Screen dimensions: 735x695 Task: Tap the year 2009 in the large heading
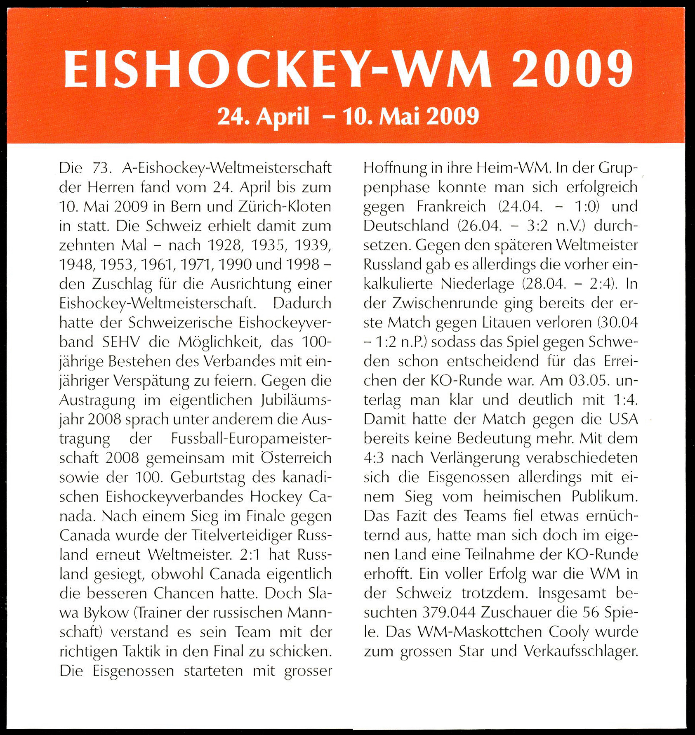coord(572,69)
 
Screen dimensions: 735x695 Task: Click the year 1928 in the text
coord(224,245)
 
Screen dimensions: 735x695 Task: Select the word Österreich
coord(296,458)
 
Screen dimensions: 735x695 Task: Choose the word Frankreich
coord(451,206)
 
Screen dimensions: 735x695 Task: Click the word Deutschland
coord(406,226)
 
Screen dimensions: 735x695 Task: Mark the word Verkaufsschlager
coord(581,651)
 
